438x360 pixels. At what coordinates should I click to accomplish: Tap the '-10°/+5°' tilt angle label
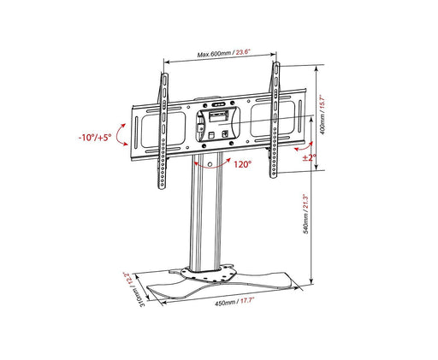click(x=94, y=136)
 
